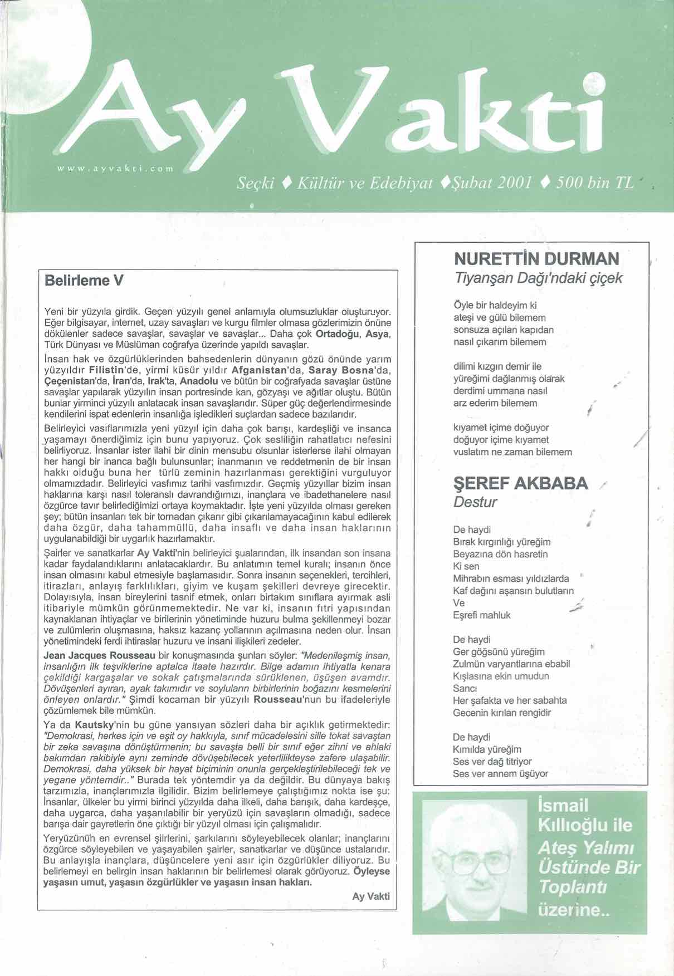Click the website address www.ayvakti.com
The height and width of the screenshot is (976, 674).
click(116, 167)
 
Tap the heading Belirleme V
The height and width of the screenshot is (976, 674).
click(84, 280)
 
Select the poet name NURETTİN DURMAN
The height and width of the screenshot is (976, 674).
click(536, 259)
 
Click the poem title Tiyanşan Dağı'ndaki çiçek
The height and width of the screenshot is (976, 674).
click(538, 278)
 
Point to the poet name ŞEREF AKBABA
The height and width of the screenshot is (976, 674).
click(521, 483)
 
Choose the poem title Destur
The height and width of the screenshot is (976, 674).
click(475, 502)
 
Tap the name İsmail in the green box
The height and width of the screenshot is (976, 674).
click(563, 805)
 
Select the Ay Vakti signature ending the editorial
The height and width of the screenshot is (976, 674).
click(371, 896)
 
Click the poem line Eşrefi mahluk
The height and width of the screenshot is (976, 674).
click(481, 615)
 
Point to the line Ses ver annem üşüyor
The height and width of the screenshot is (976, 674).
click(500, 773)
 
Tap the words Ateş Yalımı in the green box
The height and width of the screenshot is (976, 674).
click(578, 847)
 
